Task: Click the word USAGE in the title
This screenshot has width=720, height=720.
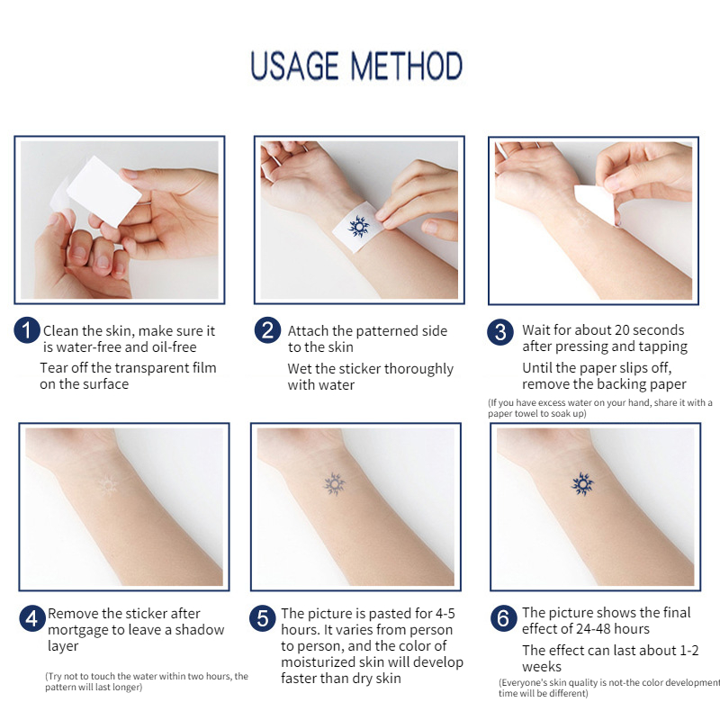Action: pyautogui.click(x=296, y=67)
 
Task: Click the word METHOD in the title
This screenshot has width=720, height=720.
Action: pyautogui.click(x=407, y=67)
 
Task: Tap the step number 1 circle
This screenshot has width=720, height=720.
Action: pyautogui.click(x=27, y=330)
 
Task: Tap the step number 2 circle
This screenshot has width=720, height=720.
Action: pyautogui.click(x=267, y=330)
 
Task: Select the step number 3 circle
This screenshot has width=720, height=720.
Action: pyautogui.click(x=501, y=332)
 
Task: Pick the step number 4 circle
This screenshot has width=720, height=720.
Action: pyautogui.click(x=32, y=619)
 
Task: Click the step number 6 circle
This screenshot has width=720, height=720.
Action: pyautogui.click(x=503, y=618)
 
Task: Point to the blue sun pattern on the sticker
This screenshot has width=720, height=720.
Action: pyautogui.click(x=359, y=224)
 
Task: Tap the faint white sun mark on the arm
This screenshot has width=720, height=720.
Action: pyautogui.click(x=107, y=486)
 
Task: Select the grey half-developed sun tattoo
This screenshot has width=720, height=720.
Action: pyautogui.click(x=335, y=485)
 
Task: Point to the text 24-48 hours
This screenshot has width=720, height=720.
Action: pyautogui.click(x=604, y=629)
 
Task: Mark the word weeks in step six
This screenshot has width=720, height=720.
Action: pyautogui.click(x=542, y=667)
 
